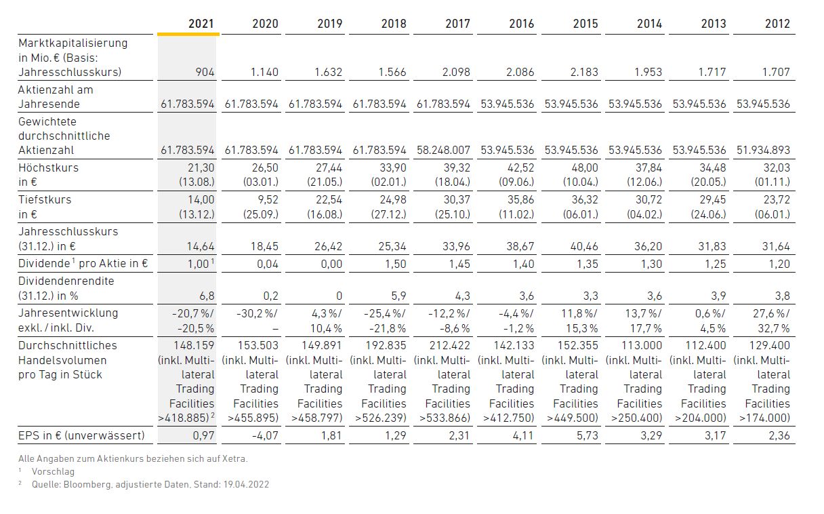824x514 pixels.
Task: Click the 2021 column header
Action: [x=201, y=24]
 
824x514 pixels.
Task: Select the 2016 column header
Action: [x=521, y=24]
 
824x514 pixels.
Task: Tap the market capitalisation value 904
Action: [x=205, y=72]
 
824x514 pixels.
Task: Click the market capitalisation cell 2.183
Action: [x=584, y=72]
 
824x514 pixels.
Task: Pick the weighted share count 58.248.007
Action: [x=443, y=150]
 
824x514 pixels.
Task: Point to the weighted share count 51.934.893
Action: [x=763, y=150]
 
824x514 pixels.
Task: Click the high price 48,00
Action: [x=584, y=168]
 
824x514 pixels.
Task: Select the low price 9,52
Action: [x=268, y=199]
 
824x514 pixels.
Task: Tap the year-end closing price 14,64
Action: [x=201, y=246]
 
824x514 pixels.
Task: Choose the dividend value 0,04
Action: [x=268, y=264]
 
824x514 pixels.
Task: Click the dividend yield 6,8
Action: [x=207, y=296]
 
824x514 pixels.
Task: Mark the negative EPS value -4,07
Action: [x=265, y=435]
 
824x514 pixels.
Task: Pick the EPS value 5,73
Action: [x=587, y=435]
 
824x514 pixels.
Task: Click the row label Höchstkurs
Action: [x=49, y=168]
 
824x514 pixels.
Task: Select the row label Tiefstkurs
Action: [x=45, y=199]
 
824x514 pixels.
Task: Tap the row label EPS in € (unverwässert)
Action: [x=81, y=435]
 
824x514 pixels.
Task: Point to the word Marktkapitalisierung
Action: [x=73, y=43]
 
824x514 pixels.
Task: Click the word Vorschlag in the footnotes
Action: [x=53, y=472]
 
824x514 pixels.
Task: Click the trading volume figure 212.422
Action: [x=449, y=345]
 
